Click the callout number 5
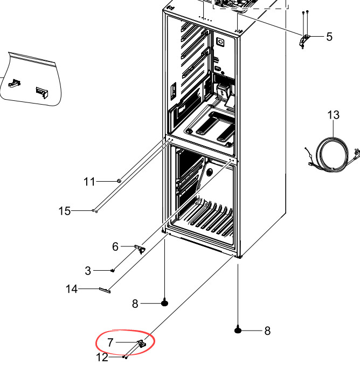coord(329,37)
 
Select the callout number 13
coord(334,115)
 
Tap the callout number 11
coord(89,182)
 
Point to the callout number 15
coord(64,211)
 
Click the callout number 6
coord(115,246)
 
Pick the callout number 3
coord(88,270)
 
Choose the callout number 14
coord(72,290)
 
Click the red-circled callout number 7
coord(110,342)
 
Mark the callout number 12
coord(102,357)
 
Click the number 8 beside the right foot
coord(267,331)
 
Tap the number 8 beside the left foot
coord(135,304)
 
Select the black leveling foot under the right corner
coord(238,329)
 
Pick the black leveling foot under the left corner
coord(165,303)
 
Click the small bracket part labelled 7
coord(142,343)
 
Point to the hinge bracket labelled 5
coord(306,39)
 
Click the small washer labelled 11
coord(119,181)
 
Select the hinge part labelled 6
coord(141,249)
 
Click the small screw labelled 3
coord(112,270)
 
